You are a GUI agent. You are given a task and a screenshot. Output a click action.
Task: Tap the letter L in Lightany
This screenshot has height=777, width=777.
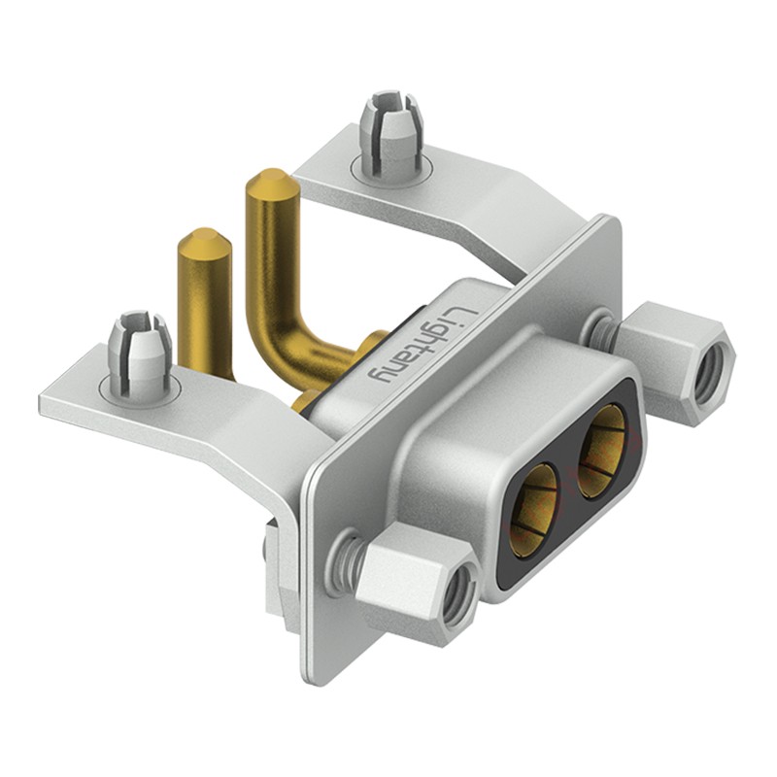462,317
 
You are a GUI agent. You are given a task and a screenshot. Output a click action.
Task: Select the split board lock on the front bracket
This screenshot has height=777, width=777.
140,355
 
